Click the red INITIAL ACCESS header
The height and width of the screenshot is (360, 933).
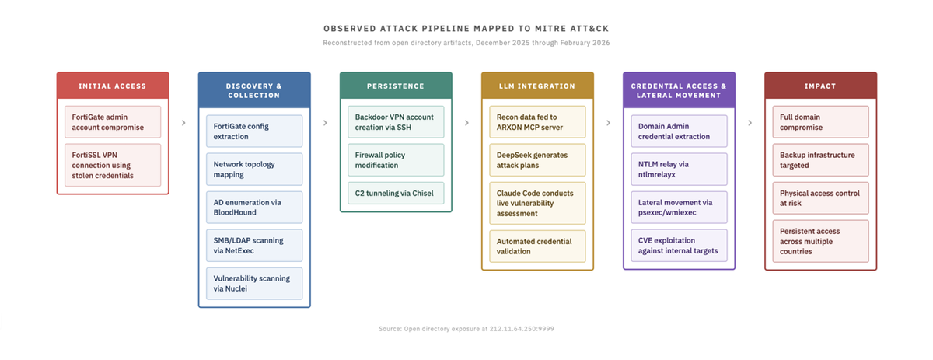(113, 86)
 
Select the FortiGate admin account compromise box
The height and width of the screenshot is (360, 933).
(113, 122)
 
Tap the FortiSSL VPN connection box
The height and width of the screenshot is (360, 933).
(113, 165)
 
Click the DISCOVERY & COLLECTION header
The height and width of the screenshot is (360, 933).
(254, 90)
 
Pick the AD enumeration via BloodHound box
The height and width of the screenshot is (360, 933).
(254, 208)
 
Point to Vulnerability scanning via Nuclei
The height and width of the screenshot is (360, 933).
(254, 284)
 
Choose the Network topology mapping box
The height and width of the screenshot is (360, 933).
(254, 170)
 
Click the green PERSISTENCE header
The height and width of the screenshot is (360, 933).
(396, 86)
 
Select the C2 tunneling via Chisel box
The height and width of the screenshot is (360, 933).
(396, 193)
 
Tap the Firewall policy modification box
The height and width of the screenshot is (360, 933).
(396, 160)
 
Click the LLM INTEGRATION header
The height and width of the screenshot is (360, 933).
(537, 86)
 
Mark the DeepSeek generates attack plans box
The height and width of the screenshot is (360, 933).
(537, 160)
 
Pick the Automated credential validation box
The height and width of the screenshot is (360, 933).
(537, 246)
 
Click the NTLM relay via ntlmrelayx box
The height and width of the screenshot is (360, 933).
(679, 170)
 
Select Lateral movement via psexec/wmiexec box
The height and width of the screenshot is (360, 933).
(679, 208)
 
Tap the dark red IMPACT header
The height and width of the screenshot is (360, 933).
(820, 86)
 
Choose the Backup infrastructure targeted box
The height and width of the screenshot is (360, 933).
(820, 160)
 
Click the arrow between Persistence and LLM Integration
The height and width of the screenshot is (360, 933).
(466, 123)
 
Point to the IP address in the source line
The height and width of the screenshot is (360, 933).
(522, 329)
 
